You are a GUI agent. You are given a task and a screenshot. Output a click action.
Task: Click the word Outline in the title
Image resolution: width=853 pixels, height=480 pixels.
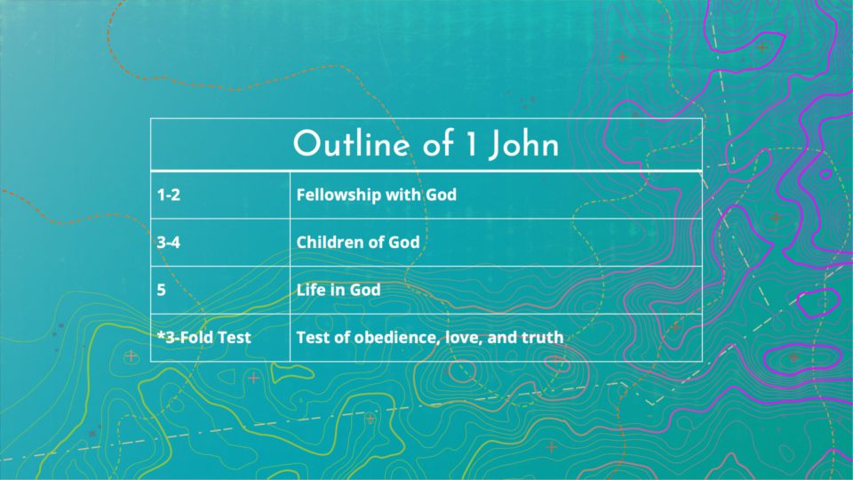(351, 144)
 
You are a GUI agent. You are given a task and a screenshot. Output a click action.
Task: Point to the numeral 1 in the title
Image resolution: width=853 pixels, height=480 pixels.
(471, 144)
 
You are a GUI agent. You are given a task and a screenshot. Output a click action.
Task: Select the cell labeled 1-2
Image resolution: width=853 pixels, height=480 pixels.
(220, 195)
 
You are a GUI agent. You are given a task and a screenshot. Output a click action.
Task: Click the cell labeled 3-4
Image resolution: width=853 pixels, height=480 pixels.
(220, 243)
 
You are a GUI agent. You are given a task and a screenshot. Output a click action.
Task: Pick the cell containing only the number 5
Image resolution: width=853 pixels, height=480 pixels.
(220, 290)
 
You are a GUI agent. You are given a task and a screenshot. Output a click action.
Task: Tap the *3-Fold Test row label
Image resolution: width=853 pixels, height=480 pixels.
(204, 338)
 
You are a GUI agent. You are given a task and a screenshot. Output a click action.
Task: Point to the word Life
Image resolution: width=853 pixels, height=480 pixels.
(311, 290)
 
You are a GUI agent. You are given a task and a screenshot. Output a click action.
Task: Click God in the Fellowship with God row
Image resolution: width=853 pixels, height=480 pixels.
(442, 195)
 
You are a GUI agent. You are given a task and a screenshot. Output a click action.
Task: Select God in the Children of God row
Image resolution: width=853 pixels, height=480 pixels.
(403, 242)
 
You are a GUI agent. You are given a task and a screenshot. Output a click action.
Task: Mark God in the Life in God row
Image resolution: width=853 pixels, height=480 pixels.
(364, 290)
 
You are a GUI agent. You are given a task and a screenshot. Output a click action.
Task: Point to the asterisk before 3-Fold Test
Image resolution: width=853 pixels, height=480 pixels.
(161, 334)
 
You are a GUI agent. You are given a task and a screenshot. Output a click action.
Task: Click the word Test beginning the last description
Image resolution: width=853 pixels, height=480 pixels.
(314, 338)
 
